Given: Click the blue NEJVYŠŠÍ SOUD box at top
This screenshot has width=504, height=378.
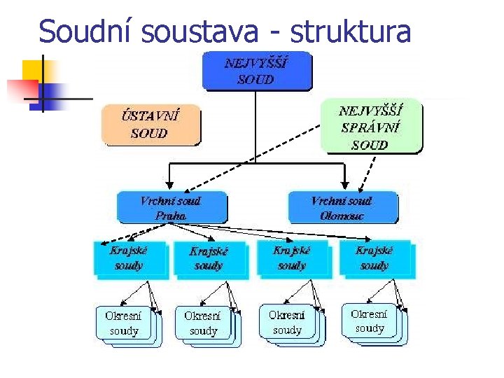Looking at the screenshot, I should coord(256,71).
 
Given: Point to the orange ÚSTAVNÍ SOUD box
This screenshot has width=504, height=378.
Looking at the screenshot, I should coord(150,125).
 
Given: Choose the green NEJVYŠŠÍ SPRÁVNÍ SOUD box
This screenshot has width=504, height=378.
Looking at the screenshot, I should coord(371,127).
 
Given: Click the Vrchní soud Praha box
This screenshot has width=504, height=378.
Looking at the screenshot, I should coord(171,208).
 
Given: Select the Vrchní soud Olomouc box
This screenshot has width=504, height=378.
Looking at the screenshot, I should coord(342,208).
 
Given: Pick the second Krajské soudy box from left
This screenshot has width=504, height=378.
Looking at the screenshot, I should coord(209,258).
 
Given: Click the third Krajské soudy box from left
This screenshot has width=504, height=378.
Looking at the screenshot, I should coord(292,258).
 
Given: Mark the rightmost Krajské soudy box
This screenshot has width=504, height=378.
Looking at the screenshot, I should coord(374,258).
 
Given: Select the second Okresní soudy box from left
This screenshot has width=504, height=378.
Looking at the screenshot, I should coord(203,323).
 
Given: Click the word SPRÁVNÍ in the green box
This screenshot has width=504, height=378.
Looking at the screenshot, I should coord(370,127).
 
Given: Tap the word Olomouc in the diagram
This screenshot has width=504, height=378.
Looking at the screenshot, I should coord(342,216).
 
